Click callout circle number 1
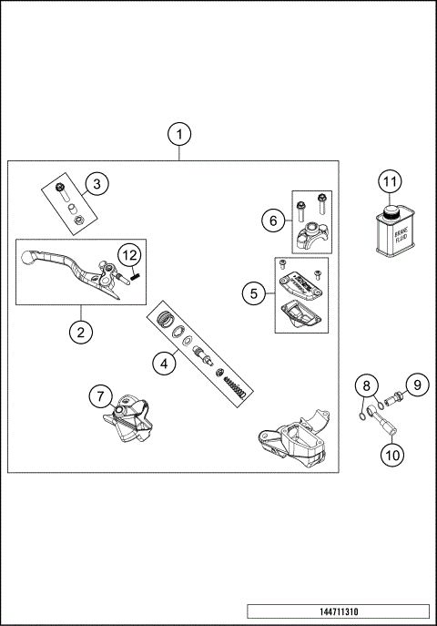coord(180,135)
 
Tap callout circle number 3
coord(97,183)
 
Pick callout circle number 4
coord(163,364)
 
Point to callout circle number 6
coord(270,220)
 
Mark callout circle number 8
coord(364,385)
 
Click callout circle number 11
coord(390,181)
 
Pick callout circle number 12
coord(130,253)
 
